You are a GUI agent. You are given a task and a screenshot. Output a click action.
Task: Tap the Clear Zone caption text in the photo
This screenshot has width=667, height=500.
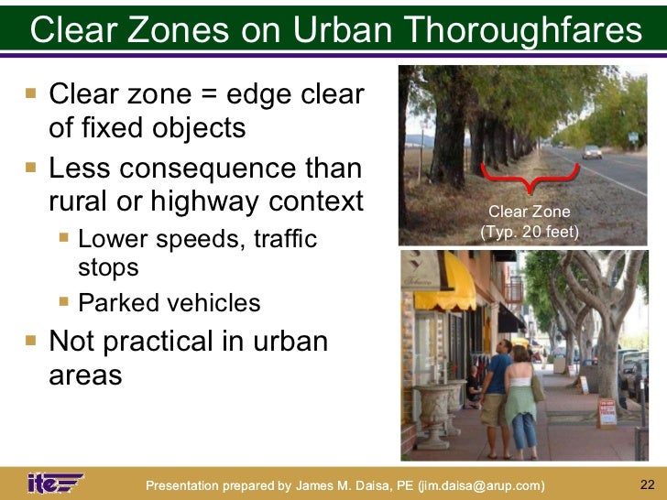(530, 212)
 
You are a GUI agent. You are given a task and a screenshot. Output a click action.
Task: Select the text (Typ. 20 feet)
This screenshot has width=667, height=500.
(530, 232)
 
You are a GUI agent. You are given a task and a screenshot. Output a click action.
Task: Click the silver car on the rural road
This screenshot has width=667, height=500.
(592, 151)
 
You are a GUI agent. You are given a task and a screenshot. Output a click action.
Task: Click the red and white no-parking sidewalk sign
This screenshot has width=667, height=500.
(607, 413)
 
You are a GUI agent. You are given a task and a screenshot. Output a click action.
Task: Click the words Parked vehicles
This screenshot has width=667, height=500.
(169, 303)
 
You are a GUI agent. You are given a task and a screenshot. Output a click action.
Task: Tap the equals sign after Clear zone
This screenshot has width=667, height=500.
(218, 95)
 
